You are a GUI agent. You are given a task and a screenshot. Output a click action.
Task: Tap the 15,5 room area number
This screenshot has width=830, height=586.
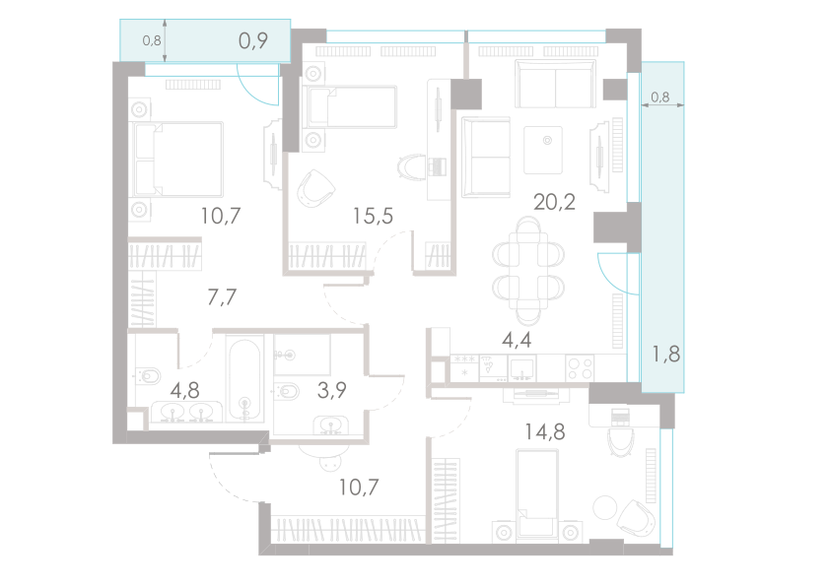click(x=374, y=215)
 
